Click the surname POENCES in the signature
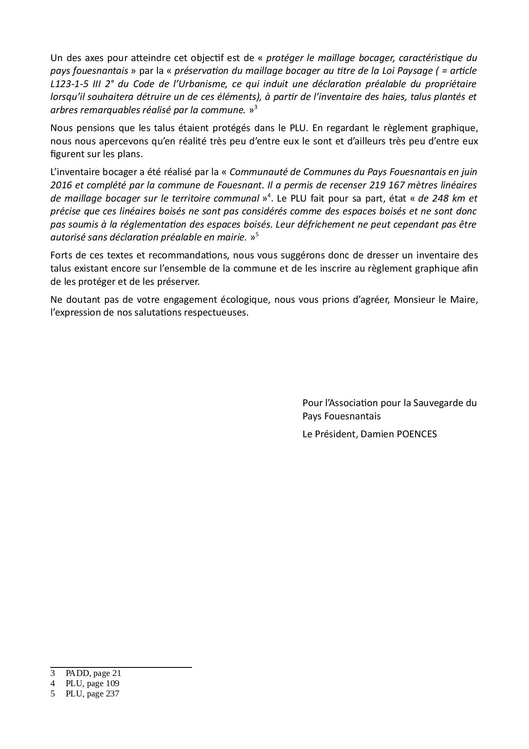pyautogui.click(x=417, y=434)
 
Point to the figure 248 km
pyautogui.click(x=448, y=198)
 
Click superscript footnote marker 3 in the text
pyautogui.click(x=256, y=108)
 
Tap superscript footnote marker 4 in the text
pyautogui.click(x=269, y=196)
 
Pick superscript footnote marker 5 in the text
pyautogui.click(x=257, y=234)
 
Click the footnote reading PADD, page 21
pyautogui.click(x=93, y=673)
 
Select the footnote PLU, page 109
pyautogui.click(x=93, y=683)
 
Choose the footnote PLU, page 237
pyautogui.click(x=93, y=693)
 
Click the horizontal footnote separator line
pyautogui.click(x=121, y=667)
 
